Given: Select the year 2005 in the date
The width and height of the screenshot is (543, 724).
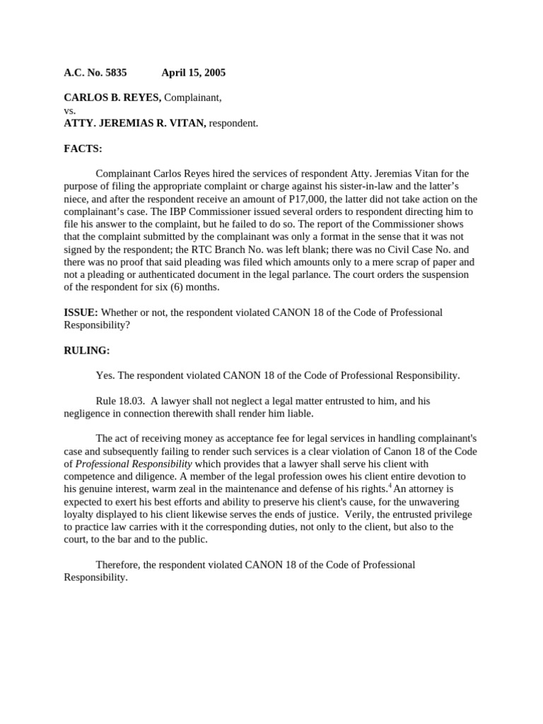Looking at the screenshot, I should click(213, 73).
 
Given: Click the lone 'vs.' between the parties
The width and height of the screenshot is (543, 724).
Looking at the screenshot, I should click(70, 111).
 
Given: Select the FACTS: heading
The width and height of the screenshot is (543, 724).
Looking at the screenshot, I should click(83, 149).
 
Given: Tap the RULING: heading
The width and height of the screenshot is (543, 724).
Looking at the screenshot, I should click(87, 351).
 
